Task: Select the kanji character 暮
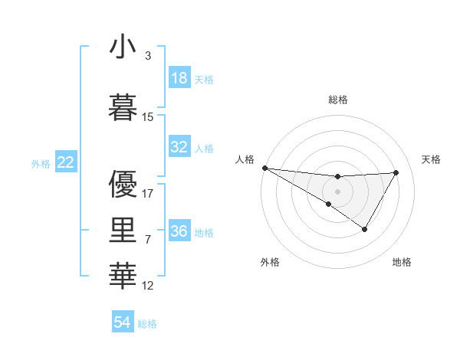coord(123,107)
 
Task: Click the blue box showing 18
coord(179,78)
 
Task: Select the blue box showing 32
coord(179,147)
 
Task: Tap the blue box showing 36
coord(179,231)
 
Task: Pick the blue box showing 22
coord(66,162)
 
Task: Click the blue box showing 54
coord(123,322)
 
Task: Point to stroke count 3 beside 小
coord(148,56)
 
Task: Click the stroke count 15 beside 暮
coord(148,117)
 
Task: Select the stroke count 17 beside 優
coord(148,193)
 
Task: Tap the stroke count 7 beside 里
coord(148,240)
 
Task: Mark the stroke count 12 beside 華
coord(148,286)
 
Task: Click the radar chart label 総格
coord(337,100)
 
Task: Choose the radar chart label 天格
coord(432,159)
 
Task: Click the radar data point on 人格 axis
coord(264,168)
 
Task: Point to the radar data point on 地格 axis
coord(365,229)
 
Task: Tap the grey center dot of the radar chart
coord(337,191)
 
